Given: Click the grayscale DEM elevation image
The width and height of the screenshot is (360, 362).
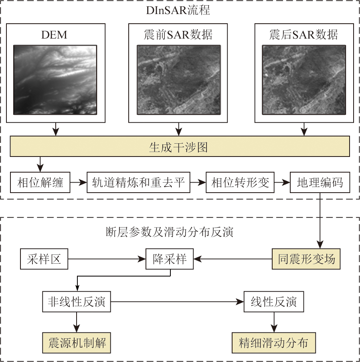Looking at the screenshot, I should [55, 79].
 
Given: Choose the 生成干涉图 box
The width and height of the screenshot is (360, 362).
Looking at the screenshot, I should [180, 147].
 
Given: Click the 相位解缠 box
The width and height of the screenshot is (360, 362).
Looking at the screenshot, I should [40, 183].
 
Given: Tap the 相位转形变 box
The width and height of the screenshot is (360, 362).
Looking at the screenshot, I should [240, 183].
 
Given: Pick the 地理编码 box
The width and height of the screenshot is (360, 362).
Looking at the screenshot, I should [320, 183].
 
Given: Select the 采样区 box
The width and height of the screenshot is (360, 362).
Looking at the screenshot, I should [44, 259].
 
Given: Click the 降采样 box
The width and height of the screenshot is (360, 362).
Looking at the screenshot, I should [170, 259].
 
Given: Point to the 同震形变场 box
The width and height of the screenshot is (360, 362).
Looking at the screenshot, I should [306, 259].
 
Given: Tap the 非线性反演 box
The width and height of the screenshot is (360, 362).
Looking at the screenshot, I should [76, 302].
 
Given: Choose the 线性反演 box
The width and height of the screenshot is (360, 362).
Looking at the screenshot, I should [274, 302].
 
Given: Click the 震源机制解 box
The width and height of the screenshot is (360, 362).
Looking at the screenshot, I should [77, 343].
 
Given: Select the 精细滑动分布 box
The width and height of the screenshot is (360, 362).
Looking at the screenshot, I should [273, 343].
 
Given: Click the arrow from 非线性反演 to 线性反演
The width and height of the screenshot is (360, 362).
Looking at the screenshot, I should [176, 302].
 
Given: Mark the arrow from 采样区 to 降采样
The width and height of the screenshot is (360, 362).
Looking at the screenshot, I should [106, 259].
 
